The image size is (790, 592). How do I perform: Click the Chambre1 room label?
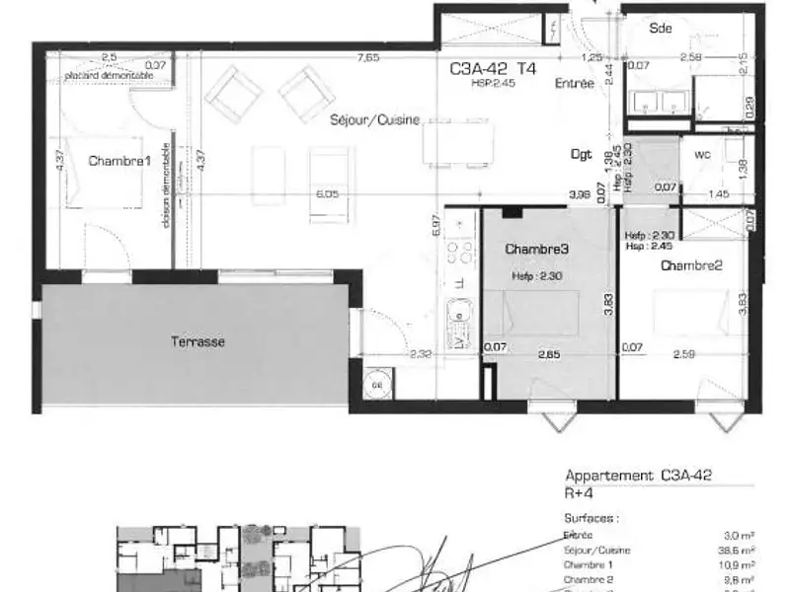[x=119, y=161]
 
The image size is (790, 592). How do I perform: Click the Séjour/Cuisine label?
[x=375, y=119]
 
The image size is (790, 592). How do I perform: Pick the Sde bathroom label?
[x=660, y=29]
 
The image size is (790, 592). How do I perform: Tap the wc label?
[x=702, y=155]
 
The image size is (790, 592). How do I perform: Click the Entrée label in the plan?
[x=574, y=84]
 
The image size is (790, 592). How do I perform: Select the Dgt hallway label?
[x=582, y=154]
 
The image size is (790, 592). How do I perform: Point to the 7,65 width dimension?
[x=368, y=57]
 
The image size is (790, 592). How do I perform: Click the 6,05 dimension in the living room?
[x=327, y=194]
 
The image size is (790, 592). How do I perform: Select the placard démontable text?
[x=109, y=76]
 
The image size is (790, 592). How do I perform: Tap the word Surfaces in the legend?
[x=591, y=516]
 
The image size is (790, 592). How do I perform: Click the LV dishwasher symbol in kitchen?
[x=459, y=340]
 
